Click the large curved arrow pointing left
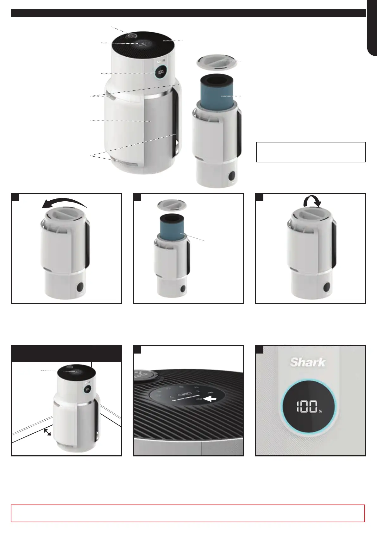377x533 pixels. (64, 201)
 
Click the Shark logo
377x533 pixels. (307, 363)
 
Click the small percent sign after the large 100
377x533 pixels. (320, 411)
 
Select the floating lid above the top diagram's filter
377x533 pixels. (217, 62)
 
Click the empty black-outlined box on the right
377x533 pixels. (311, 152)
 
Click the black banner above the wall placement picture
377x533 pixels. (66, 353)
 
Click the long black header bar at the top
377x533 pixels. (188, 13)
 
